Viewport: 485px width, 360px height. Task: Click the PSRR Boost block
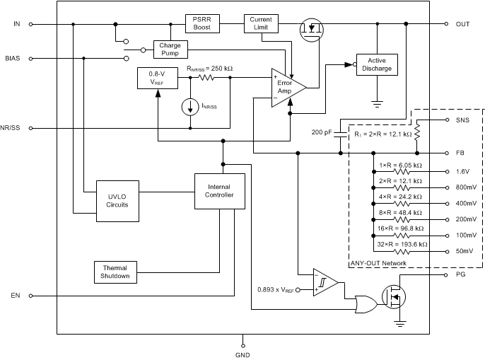(203, 23)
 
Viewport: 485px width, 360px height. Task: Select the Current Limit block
(262, 23)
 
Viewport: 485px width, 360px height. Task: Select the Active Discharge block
(376, 64)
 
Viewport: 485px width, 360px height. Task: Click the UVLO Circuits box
(117, 201)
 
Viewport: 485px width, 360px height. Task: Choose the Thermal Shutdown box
(115, 272)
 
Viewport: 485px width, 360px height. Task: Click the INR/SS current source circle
(189, 107)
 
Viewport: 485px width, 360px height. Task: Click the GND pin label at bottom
(242, 354)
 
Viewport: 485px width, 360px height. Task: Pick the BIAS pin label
(13, 58)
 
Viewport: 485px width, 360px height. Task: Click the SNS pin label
(462, 120)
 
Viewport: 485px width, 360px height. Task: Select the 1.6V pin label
(462, 171)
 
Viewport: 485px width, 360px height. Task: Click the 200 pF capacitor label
(322, 132)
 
